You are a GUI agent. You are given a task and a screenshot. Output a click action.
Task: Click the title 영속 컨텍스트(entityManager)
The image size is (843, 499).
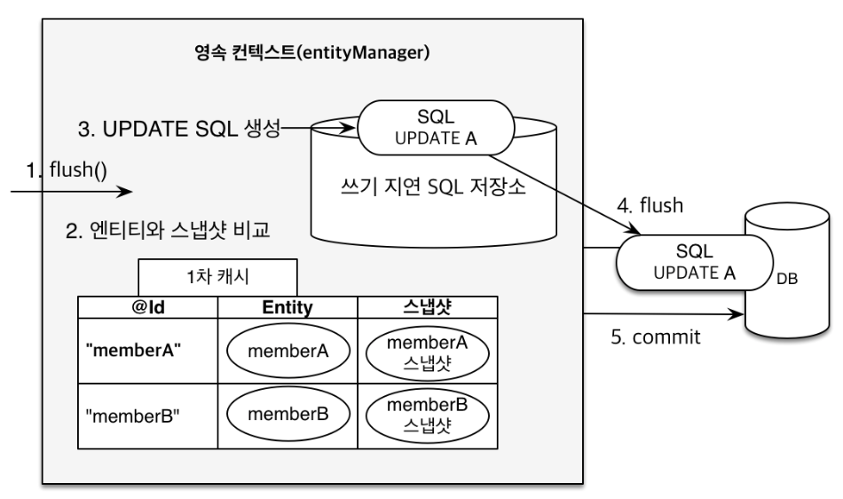[311, 52]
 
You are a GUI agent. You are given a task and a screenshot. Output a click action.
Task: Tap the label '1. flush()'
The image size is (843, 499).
[67, 170]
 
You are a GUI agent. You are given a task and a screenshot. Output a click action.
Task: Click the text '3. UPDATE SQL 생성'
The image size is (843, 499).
[179, 129]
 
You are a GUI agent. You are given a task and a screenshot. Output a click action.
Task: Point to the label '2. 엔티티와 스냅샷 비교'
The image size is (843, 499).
[167, 230]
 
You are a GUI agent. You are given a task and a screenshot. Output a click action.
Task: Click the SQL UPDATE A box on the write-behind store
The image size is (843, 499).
[436, 128]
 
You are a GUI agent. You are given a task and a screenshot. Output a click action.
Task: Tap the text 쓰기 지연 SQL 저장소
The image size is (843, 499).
[433, 186]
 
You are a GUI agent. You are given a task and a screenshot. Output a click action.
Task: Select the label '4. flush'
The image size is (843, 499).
[650, 205]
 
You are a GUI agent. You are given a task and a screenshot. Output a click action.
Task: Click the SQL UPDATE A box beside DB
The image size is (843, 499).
[694, 263]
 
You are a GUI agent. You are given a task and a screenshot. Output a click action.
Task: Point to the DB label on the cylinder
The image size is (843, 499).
[786, 279]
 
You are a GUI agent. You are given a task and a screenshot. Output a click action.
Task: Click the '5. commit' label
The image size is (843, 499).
[656, 337]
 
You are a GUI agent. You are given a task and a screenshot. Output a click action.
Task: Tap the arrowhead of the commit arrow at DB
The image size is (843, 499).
[737, 314]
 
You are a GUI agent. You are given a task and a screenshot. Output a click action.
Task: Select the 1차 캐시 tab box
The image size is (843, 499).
[217, 277]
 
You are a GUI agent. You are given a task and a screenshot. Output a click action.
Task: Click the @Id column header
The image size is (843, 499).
[148, 307]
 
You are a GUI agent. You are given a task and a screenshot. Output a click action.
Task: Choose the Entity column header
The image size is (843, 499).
[288, 307]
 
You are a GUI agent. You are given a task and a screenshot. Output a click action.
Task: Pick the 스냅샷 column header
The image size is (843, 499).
[428, 307]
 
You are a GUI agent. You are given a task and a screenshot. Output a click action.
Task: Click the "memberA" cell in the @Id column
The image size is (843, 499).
[148, 351]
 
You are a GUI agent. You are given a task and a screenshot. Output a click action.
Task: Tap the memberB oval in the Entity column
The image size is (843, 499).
[288, 415]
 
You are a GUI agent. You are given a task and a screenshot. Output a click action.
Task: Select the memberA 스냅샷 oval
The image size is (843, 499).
[428, 352]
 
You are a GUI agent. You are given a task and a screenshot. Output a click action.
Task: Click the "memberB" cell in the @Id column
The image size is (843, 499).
[148, 416]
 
